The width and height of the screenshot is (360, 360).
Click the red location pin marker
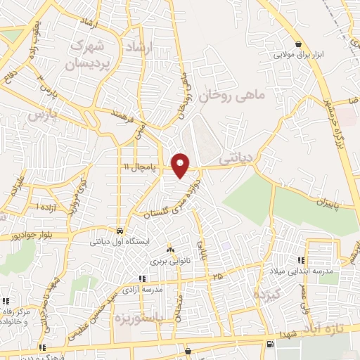[x=181, y=165]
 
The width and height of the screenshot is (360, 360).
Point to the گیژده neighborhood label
[x=268, y=295]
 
